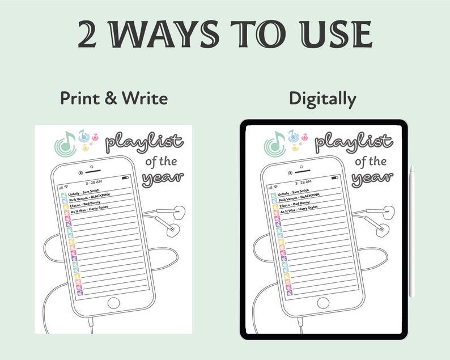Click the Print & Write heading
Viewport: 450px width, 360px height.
tap(114, 99)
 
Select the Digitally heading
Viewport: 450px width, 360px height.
tap(322, 99)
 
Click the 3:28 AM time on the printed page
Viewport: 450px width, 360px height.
tap(94, 183)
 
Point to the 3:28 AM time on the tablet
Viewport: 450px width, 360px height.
tap(302, 183)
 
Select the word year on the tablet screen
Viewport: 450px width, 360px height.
tap(372, 178)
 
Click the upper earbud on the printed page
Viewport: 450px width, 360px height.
tap(177, 213)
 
